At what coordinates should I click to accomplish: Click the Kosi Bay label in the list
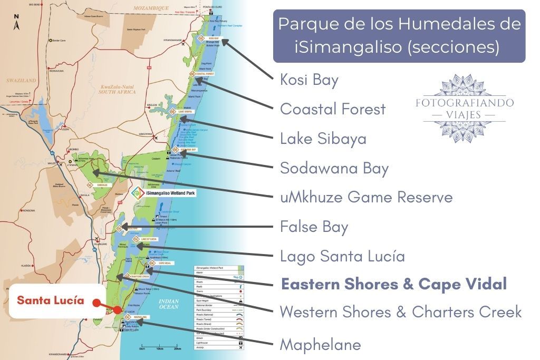point(309,80)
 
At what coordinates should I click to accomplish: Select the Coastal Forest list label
point(333,109)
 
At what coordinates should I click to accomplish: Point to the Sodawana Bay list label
point(334,168)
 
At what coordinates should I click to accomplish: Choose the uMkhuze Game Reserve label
point(366,197)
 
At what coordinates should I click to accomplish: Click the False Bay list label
point(314,227)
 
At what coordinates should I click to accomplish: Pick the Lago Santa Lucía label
point(342,256)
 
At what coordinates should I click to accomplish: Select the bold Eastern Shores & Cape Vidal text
point(393,284)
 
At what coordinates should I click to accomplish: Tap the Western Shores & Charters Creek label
point(400,312)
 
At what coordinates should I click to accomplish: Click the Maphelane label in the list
point(320,345)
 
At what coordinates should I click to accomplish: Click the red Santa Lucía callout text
point(50,300)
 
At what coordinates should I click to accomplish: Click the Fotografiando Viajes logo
point(464,109)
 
